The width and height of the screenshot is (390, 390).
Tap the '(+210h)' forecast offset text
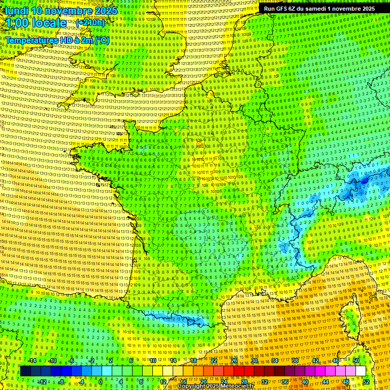(90, 23)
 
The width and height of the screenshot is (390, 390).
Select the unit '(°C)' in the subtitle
(100, 40)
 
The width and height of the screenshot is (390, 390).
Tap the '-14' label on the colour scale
(32, 361)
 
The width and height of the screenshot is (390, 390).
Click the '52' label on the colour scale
(366, 382)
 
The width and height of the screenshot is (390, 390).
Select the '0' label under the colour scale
(101, 382)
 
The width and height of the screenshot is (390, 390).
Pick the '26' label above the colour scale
(234, 361)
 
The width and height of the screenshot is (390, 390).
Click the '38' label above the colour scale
(295, 361)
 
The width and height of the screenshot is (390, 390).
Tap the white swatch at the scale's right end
(361, 371)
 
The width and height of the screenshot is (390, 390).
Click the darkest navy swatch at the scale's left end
(25, 371)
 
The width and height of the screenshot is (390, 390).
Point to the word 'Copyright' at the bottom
(191, 386)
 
